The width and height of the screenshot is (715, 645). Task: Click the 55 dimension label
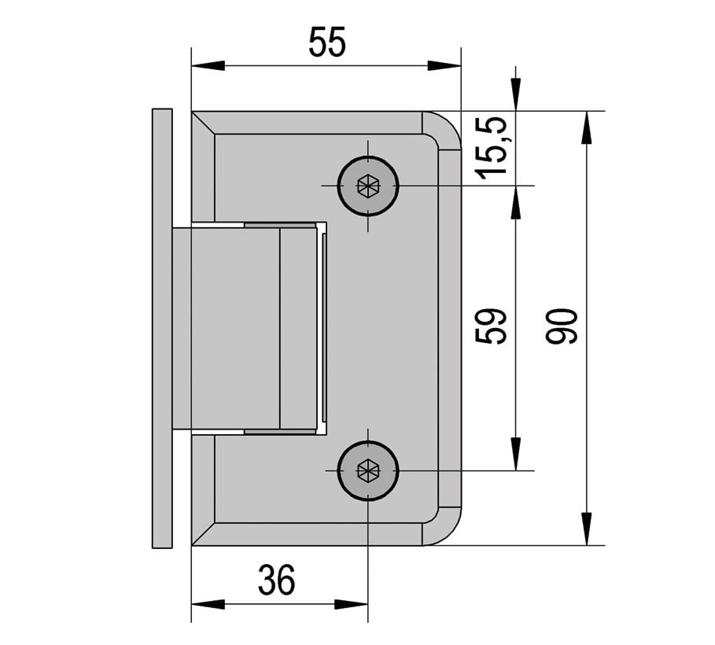point(327,42)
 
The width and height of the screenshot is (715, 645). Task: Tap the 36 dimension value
point(276,580)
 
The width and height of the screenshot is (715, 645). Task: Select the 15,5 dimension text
point(491,148)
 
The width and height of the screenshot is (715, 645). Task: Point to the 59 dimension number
point(491,326)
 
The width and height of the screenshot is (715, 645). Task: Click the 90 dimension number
point(562,326)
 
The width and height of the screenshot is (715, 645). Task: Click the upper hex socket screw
point(368,186)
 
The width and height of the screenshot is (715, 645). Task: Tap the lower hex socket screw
point(368,470)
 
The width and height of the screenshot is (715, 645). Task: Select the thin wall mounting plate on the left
point(162,328)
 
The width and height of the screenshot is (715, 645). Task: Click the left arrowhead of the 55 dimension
point(208,65)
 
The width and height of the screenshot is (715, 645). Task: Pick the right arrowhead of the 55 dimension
point(444,65)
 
